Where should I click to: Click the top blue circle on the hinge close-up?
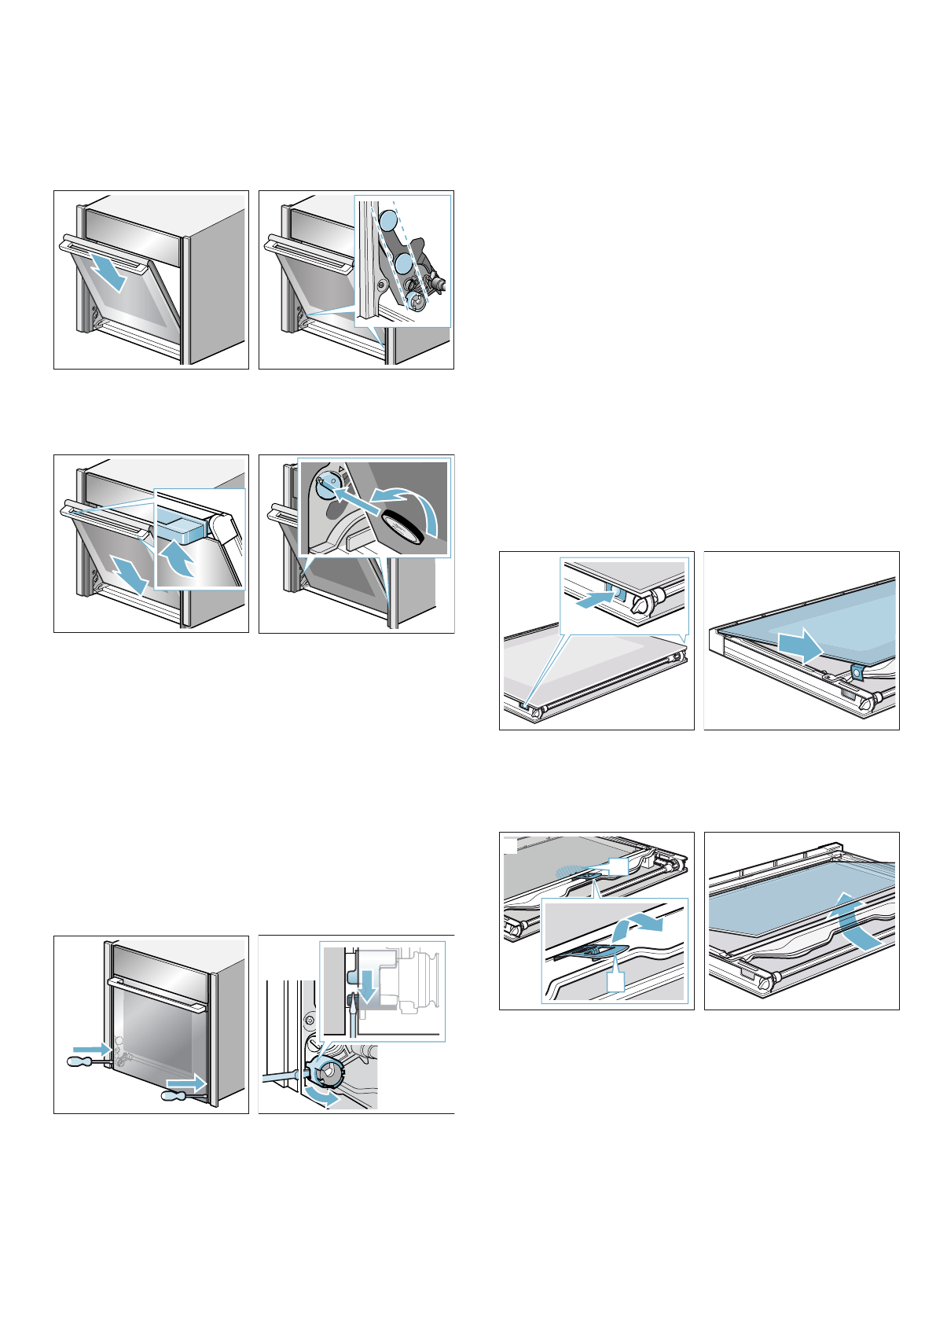[x=387, y=219]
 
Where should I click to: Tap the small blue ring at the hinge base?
[x=418, y=299]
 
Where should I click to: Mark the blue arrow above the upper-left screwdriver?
[x=91, y=1048]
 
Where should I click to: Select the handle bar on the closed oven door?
[x=157, y=994]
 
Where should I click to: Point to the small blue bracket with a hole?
[x=857, y=671]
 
